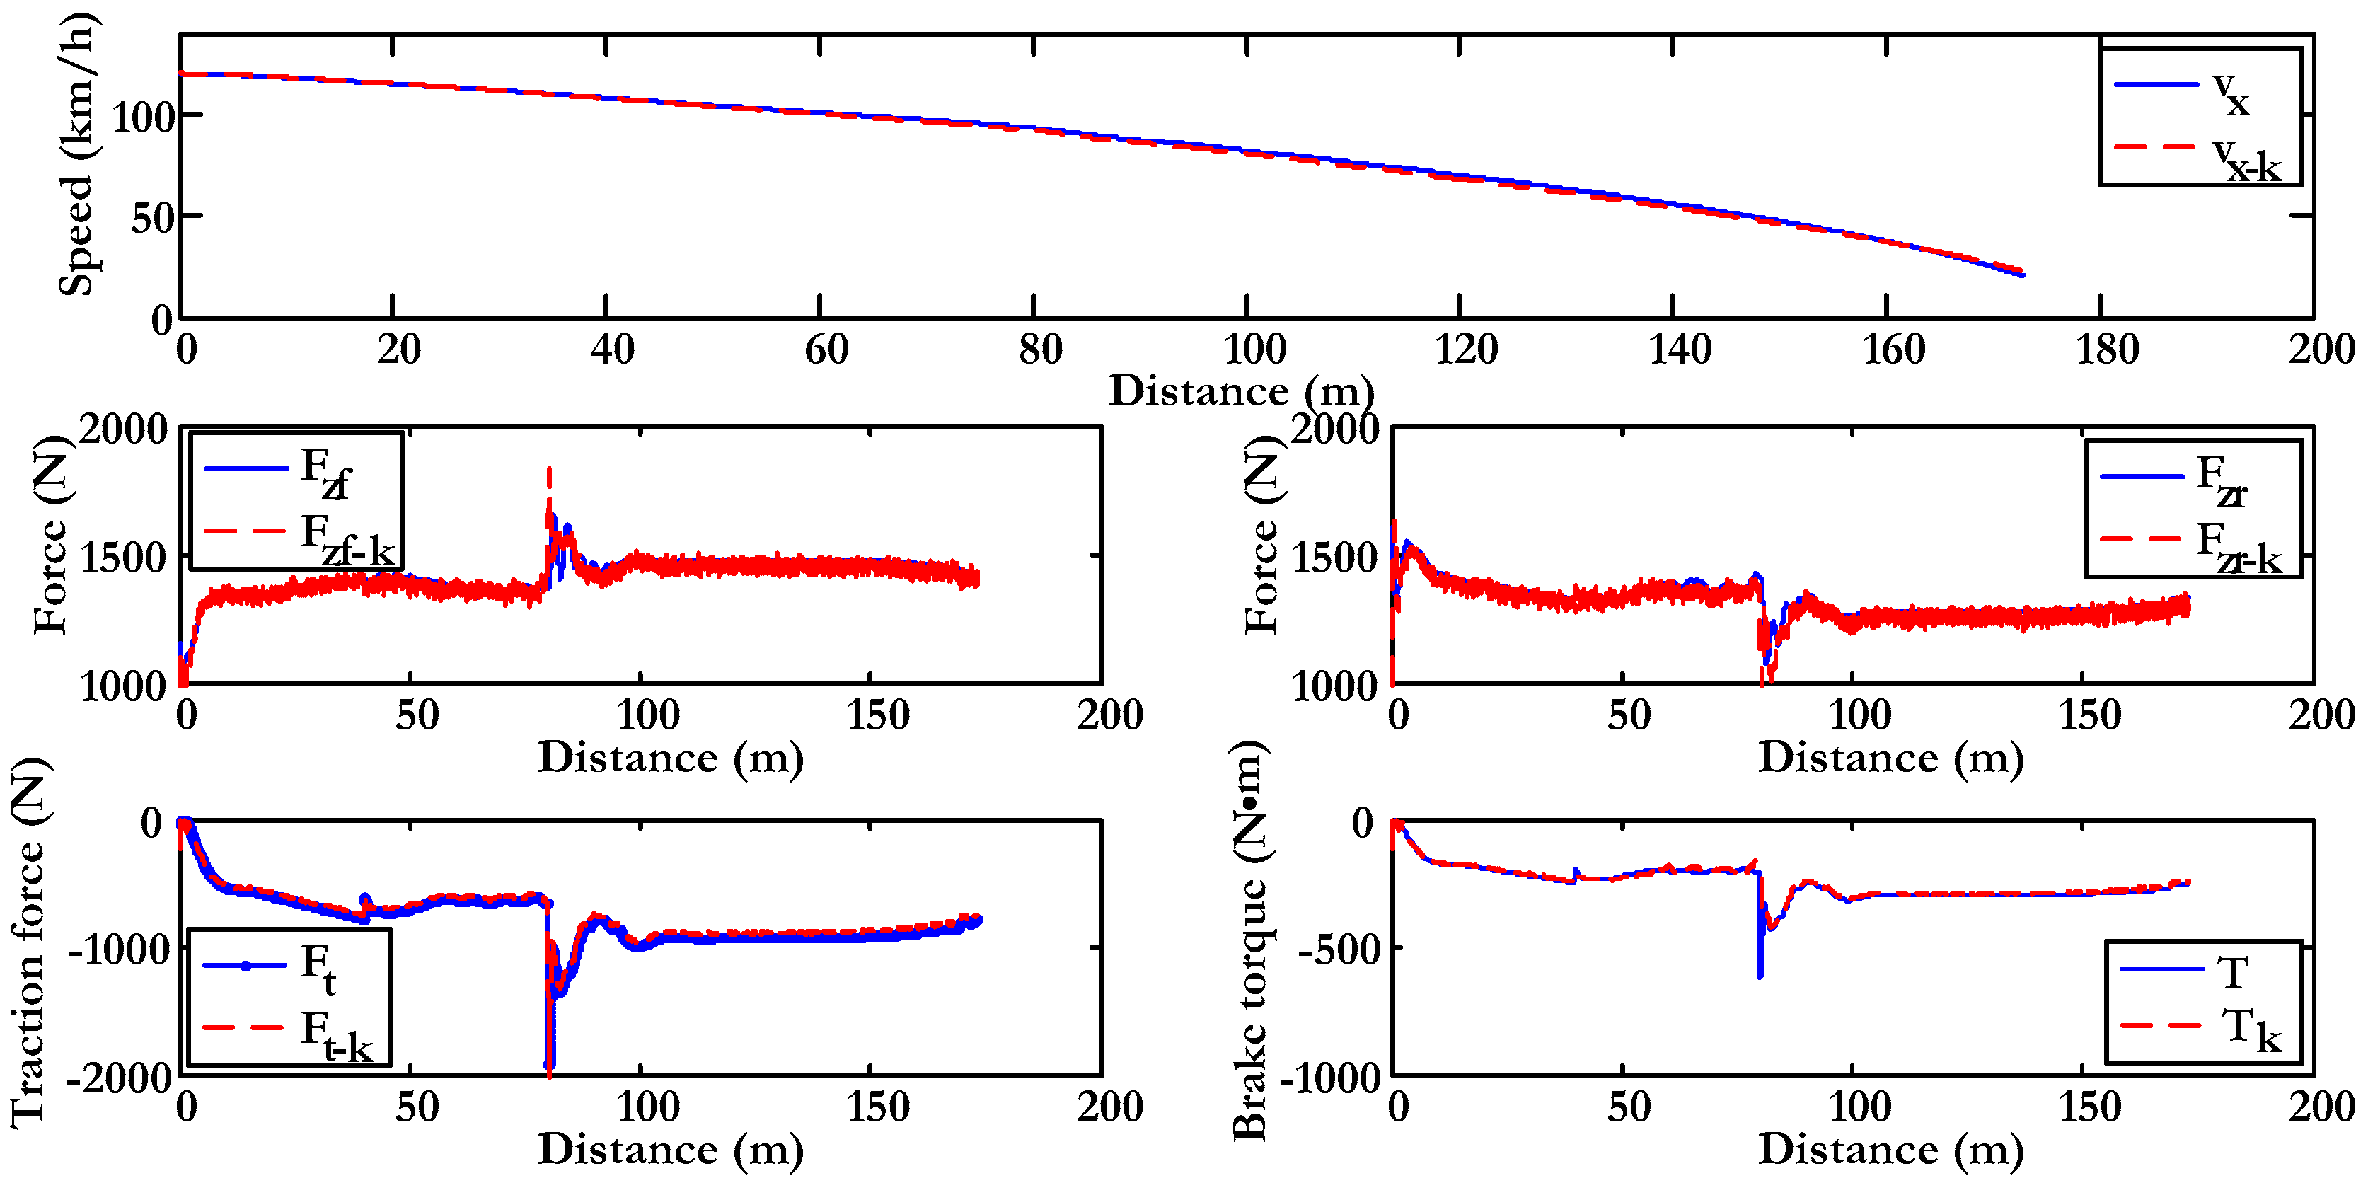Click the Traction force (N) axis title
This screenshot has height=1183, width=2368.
coord(30,942)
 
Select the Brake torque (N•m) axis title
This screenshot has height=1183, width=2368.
coord(1250,942)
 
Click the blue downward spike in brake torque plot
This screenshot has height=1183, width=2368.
coord(1760,974)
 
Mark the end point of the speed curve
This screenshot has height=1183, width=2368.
coord(2021,274)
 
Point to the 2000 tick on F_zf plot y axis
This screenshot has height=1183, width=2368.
coord(123,430)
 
